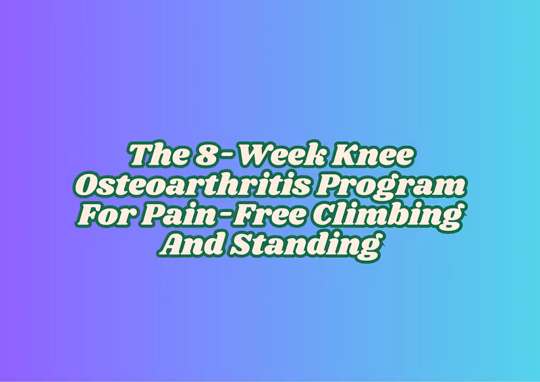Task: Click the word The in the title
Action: (159, 155)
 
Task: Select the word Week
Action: (281, 155)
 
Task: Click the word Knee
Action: (372, 155)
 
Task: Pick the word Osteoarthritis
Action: (192, 185)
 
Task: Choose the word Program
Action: (391, 187)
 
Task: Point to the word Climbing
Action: (386, 217)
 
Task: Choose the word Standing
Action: (306, 246)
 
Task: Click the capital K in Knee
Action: (345, 155)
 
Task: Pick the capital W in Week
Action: (258, 155)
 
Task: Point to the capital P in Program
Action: (331, 185)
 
